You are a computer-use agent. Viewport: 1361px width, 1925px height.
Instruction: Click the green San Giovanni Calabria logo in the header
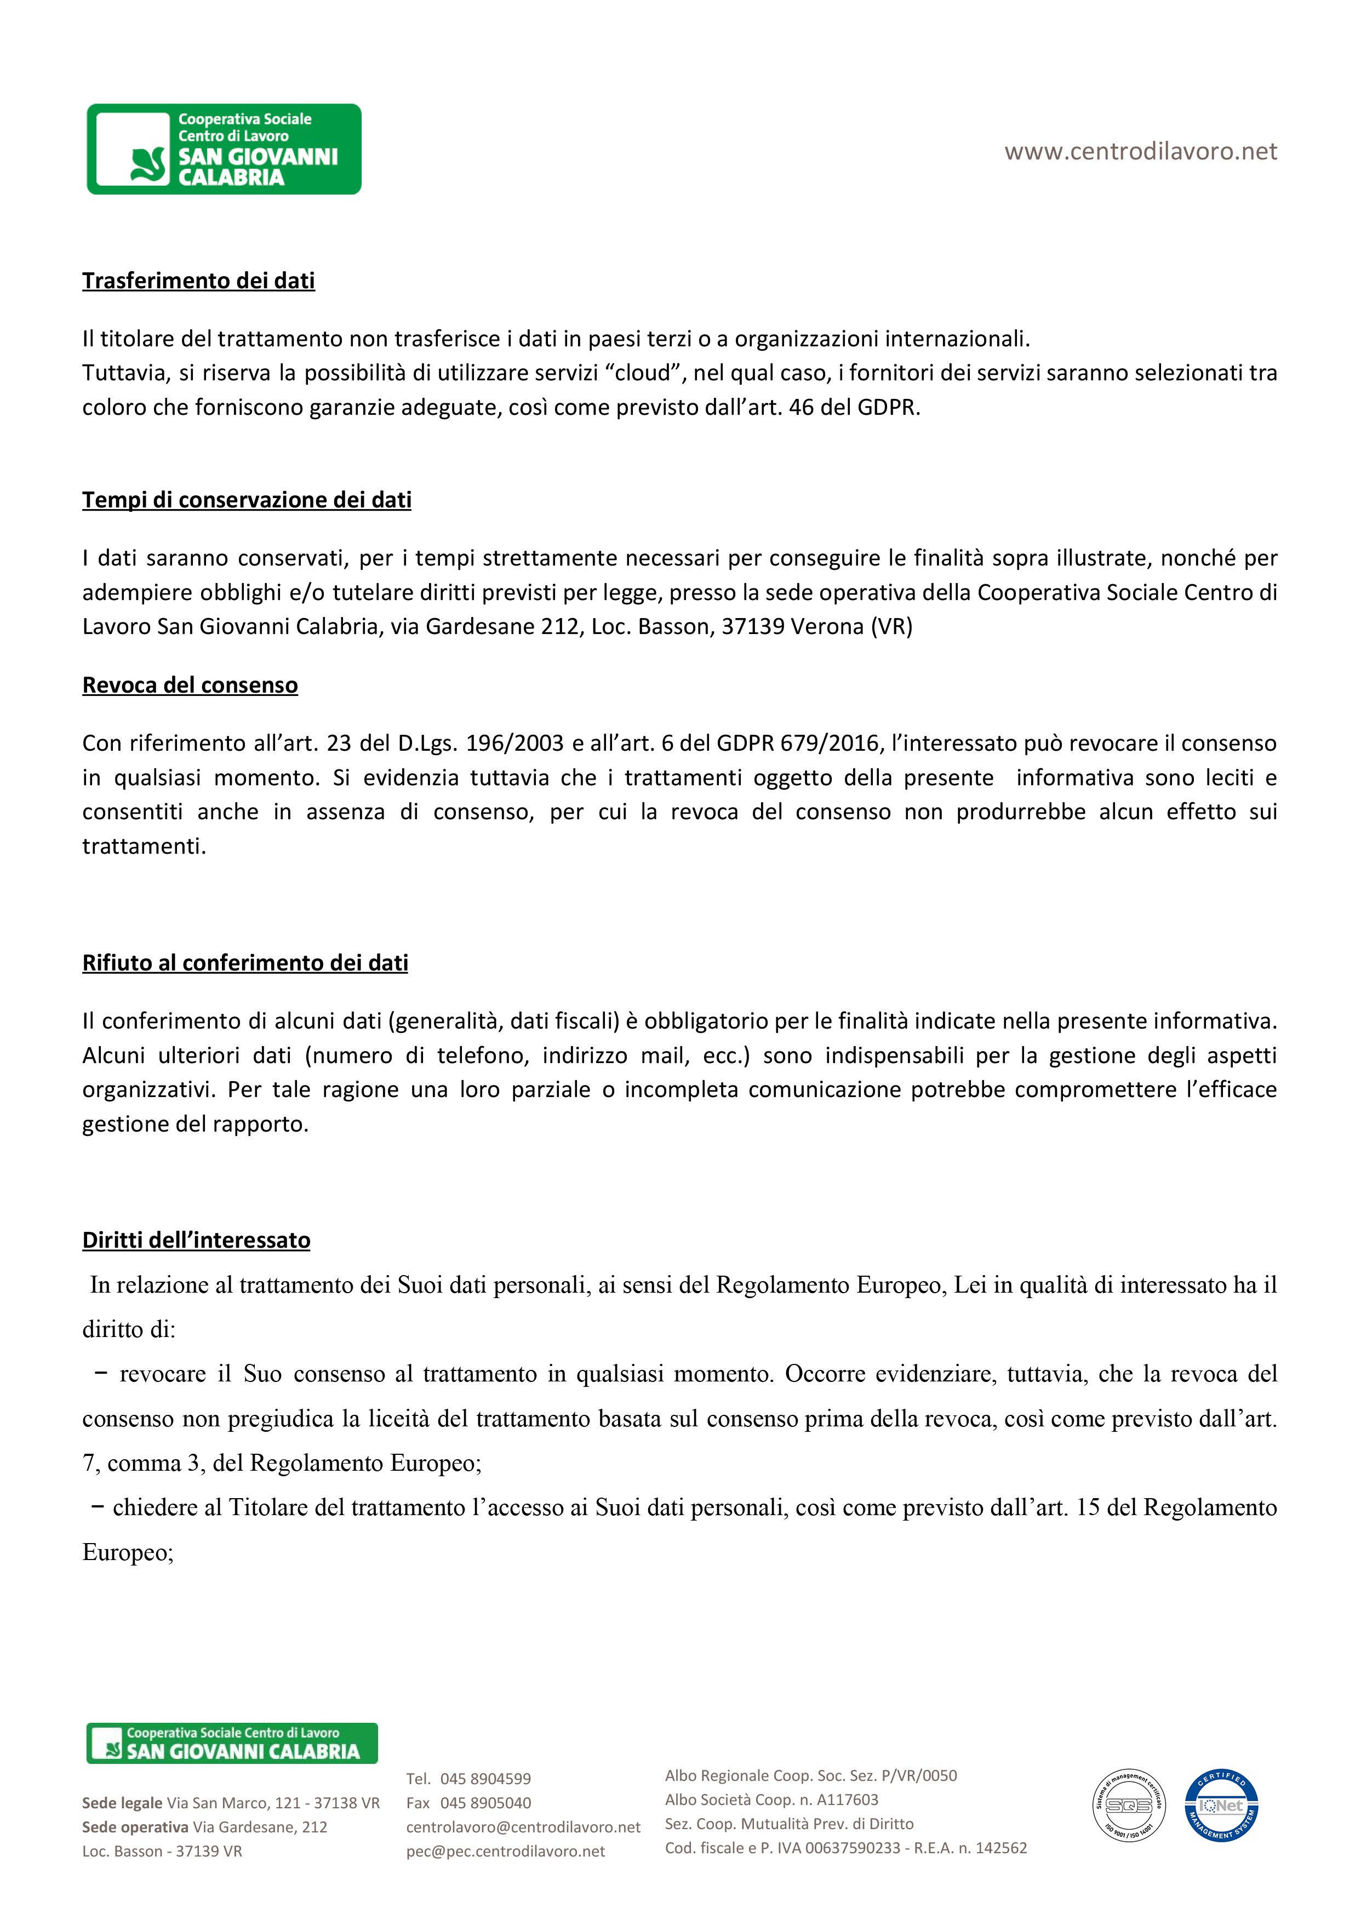tap(224, 149)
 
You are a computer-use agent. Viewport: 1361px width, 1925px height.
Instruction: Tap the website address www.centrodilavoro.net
tap(1140, 152)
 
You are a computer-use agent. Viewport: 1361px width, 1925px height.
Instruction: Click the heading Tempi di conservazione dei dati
tap(247, 500)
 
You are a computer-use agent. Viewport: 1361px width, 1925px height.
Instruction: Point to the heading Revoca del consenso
tap(190, 685)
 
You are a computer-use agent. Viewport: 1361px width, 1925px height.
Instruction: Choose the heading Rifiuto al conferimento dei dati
tap(245, 962)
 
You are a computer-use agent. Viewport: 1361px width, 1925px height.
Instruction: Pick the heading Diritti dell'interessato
tap(196, 1240)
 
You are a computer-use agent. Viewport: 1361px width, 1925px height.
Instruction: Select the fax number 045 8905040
tap(485, 1803)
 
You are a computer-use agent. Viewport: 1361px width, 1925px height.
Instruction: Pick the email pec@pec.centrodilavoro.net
tap(506, 1851)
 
